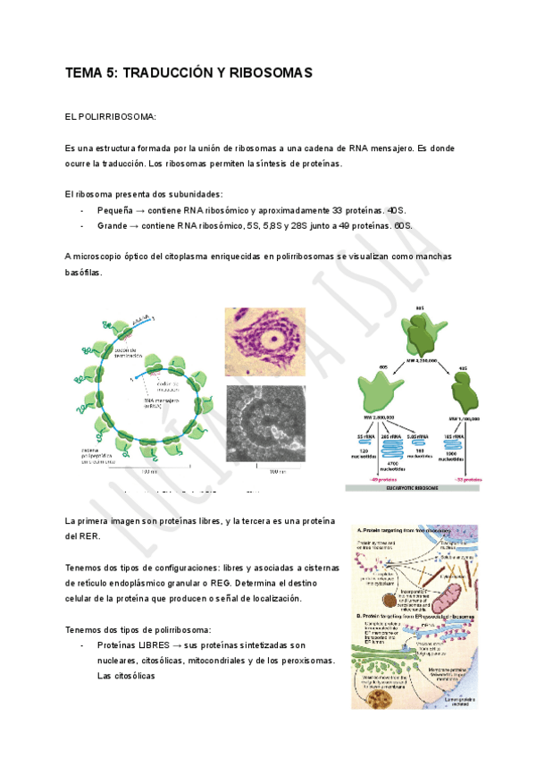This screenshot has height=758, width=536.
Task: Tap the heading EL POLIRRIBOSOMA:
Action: click(111, 116)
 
